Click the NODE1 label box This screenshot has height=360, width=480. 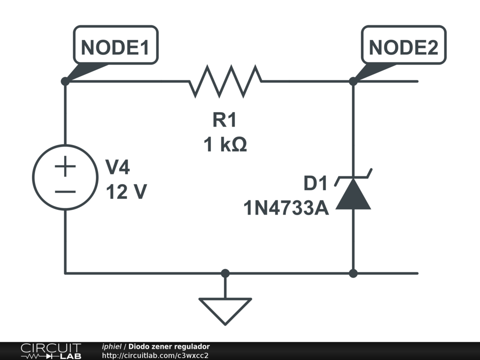click(x=115, y=45)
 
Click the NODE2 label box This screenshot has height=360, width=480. click(x=403, y=45)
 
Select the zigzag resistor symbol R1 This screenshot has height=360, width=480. click(x=225, y=81)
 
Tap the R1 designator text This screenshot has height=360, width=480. click(x=225, y=120)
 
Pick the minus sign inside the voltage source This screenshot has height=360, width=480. click(x=65, y=191)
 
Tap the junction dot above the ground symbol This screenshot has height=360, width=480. click(x=225, y=273)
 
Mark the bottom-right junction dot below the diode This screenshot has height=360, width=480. click(x=353, y=273)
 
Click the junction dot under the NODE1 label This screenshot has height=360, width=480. click(x=65, y=81)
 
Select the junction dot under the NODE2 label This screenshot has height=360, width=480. click(x=353, y=81)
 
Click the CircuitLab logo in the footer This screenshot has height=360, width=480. click(x=51, y=351)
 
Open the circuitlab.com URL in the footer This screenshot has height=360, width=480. click(x=155, y=355)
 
